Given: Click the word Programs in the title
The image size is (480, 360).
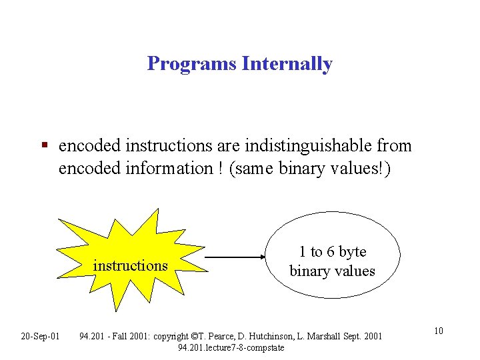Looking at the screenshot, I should point(192,64).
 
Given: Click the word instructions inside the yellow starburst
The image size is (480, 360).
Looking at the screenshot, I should point(131,265).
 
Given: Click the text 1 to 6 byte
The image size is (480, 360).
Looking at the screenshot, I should point(333,252).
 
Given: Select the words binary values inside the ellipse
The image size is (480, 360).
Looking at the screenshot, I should point(332,271).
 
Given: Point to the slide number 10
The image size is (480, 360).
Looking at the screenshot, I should point(439,332).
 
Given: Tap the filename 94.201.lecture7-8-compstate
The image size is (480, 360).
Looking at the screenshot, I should point(231,347).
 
